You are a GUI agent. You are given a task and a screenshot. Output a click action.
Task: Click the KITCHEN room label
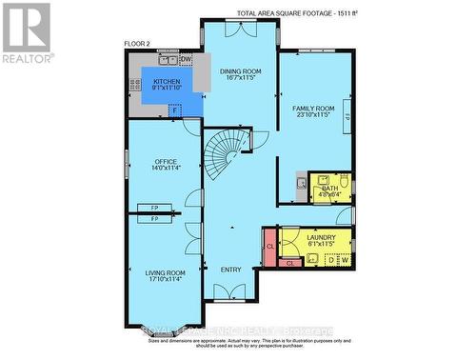(171, 83)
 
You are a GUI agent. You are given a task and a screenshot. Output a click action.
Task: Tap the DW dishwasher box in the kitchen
(187, 59)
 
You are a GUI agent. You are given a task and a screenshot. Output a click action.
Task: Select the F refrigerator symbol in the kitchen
(174, 110)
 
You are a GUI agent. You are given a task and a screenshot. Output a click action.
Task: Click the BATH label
(329, 190)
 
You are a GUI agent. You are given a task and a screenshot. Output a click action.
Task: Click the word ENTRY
(230, 270)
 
